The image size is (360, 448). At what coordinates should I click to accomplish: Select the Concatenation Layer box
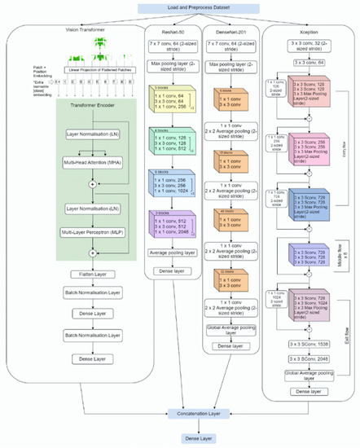pyautogui.click(x=180, y=414)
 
